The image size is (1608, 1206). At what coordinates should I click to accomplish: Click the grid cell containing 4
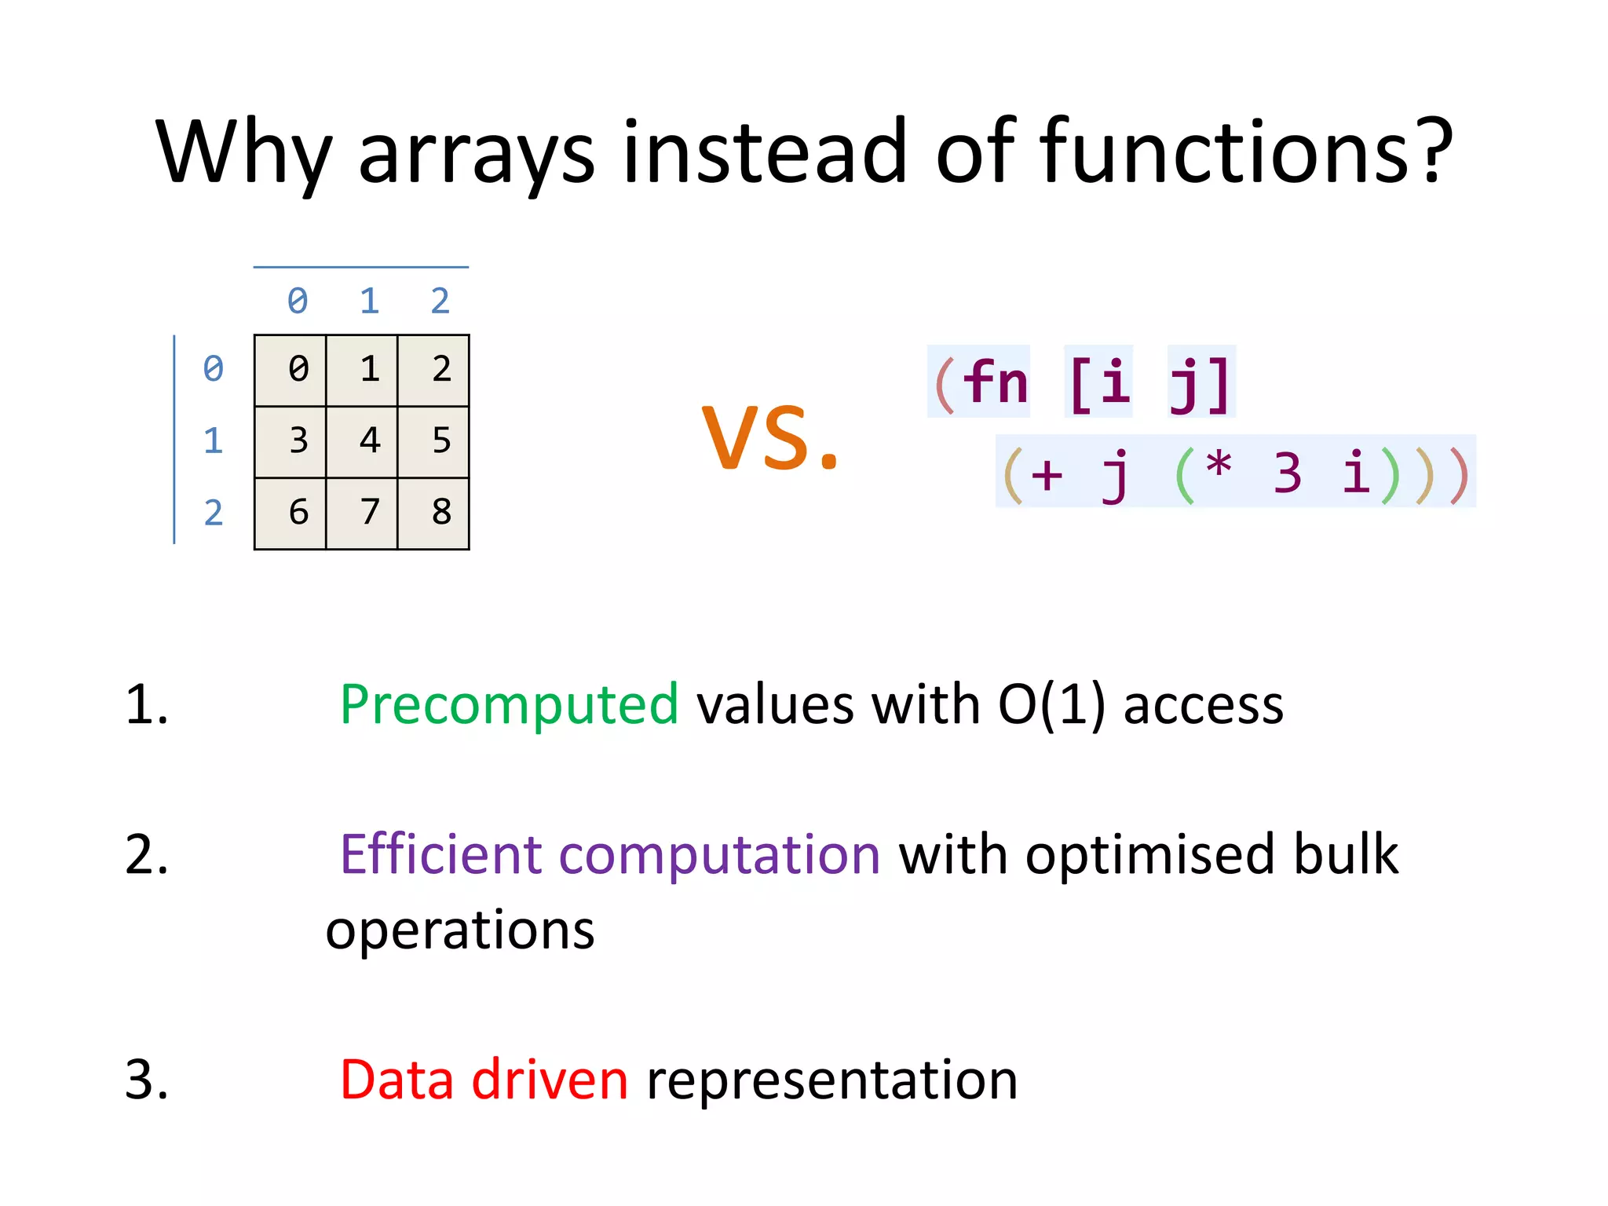(x=362, y=441)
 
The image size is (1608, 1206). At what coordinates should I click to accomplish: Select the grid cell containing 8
(x=433, y=513)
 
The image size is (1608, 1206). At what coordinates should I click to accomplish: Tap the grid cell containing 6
(x=291, y=513)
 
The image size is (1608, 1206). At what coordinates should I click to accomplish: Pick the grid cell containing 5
(x=433, y=441)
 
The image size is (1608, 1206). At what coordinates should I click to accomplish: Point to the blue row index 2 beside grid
(x=213, y=513)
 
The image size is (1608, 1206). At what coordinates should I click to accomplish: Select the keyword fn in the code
(x=996, y=382)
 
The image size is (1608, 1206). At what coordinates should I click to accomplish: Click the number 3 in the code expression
(x=1288, y=473)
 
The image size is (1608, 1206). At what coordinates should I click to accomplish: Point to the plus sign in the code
(x=1047, y=474)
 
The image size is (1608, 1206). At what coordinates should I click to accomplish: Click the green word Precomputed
(x=509, y=704)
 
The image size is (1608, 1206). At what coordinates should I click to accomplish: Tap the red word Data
(x=397, y=1080)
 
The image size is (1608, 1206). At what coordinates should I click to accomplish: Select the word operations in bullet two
(x=460, y=931)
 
